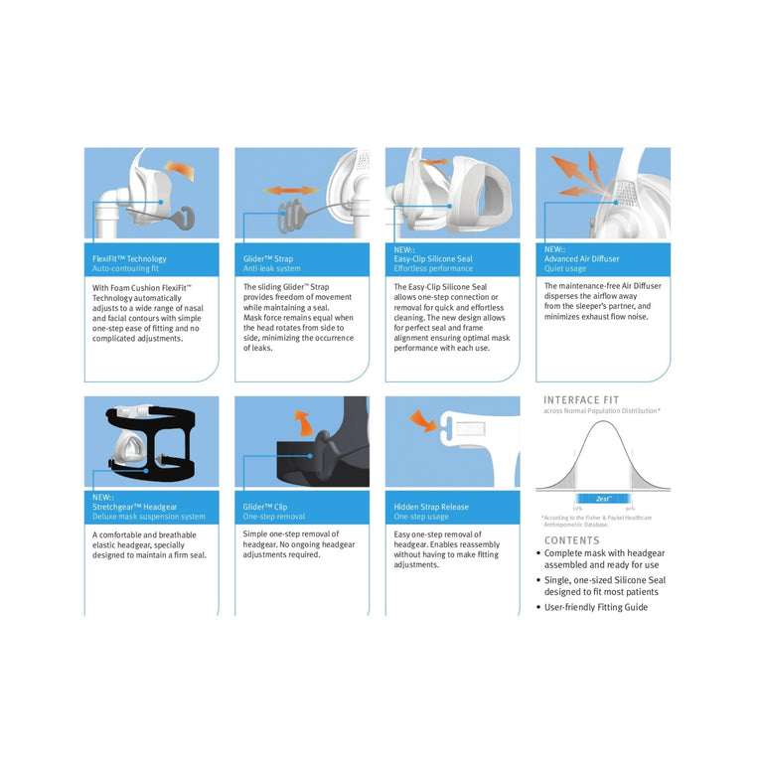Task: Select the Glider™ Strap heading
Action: click(268, 258)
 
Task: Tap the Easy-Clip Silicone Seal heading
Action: click(433, 258)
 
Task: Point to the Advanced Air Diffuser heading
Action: click(581, 258)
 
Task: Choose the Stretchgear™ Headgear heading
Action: click(135, 507)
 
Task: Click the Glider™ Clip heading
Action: click(266, 507)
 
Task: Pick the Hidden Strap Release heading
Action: click(431, 507)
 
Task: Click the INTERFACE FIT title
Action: click(581, 399)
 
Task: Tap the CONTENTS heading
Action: click(572, 540)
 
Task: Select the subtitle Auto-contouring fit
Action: click(125, 268)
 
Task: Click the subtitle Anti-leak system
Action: click(271, 268)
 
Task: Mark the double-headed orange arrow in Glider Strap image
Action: click(291, 190)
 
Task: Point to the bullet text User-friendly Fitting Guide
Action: click(595, 607)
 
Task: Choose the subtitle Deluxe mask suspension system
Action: click(149, 517)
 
